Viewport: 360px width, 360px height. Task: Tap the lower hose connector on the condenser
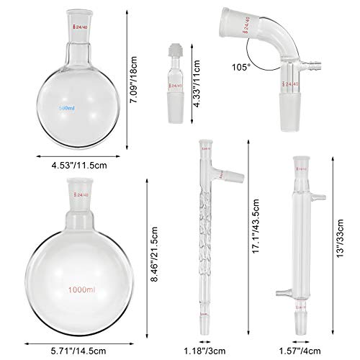(281, 292)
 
